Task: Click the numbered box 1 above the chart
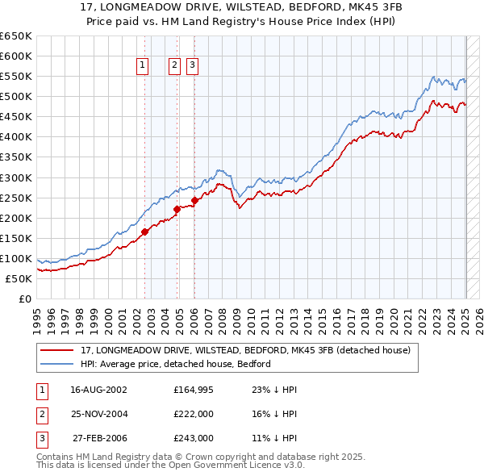point(142,66)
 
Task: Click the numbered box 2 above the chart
point(174,66)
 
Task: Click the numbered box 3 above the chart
point(193,66)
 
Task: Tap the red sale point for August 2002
point(145,232)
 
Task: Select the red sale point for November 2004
point(177,209)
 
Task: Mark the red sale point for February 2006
point(194,200)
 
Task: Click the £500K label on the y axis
point(16,97)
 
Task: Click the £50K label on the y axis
point(19,278)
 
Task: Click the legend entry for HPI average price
point(175,364)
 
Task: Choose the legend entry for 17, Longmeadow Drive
point(245,350)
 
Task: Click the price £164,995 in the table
point(193,389)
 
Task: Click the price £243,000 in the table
point(193,438)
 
